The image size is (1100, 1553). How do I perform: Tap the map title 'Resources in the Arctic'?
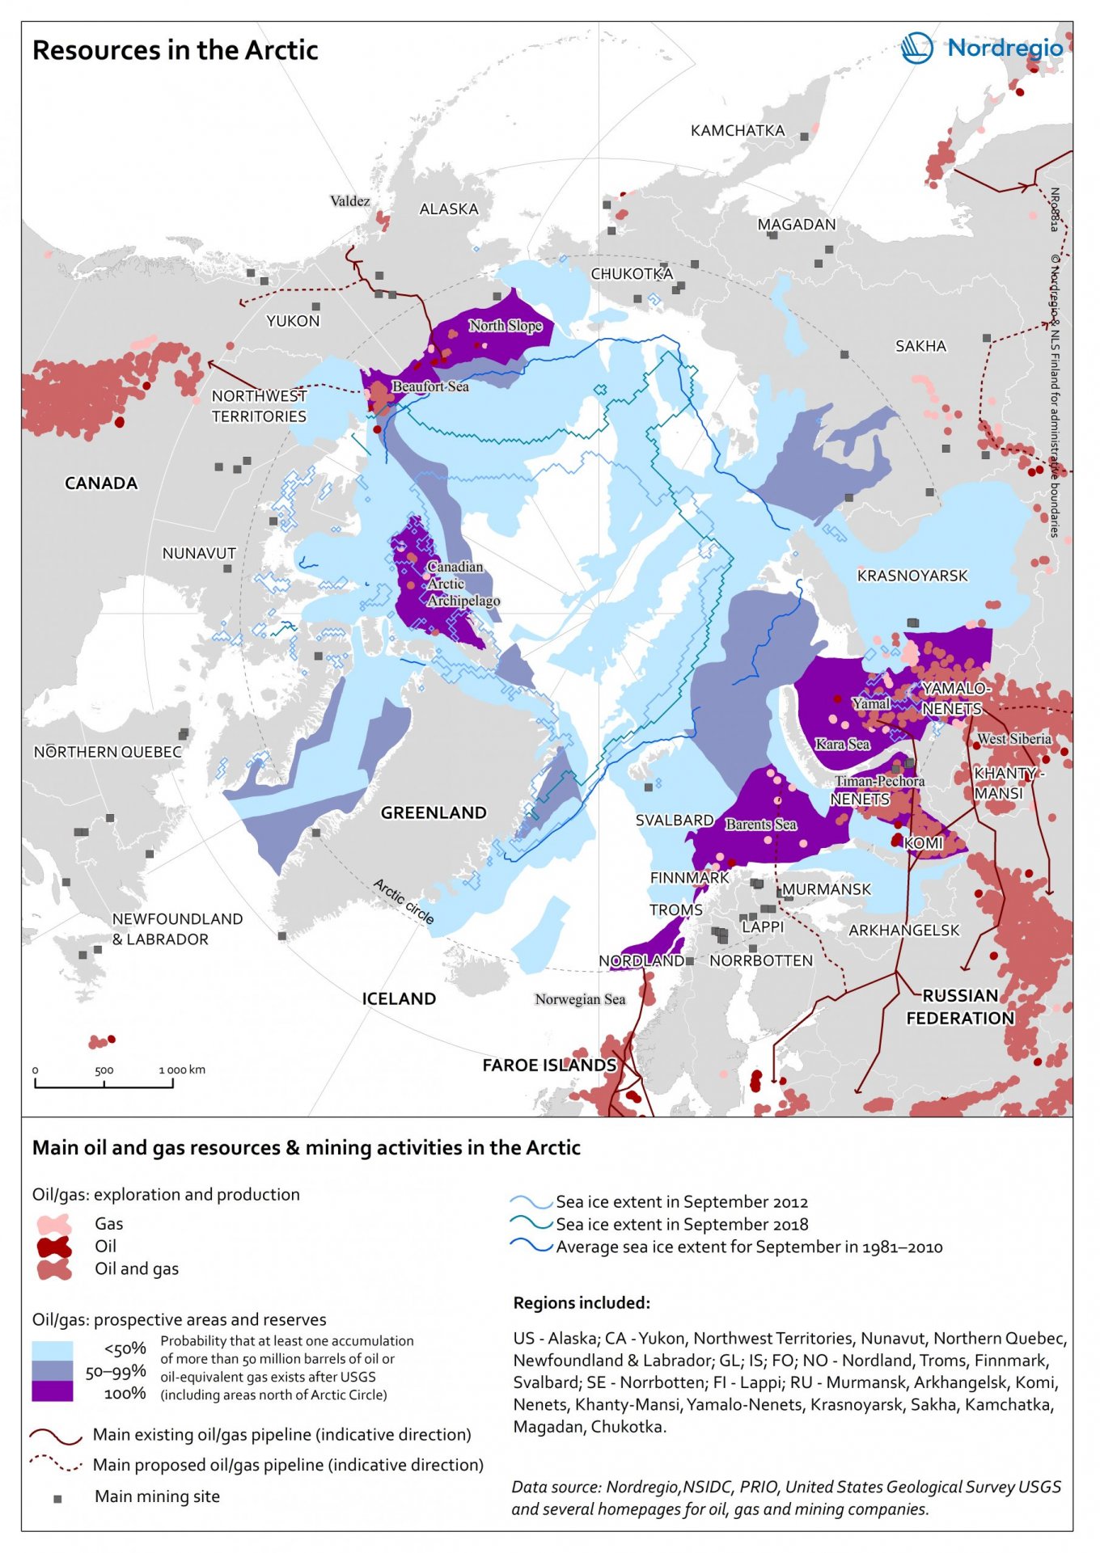click(x=175, y=50)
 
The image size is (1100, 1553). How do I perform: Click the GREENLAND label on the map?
click(x=434, y=812)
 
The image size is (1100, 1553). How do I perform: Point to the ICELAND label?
click(x=399, y=998)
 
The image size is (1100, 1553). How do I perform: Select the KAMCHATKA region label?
click(x=737, y=130)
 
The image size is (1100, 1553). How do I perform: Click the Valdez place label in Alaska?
click(x=349, y=201)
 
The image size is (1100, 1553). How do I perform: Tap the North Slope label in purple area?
click(x=506, y=325)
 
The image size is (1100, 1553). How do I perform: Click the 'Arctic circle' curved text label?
click(x=404, y=901)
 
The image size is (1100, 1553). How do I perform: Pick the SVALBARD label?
click(x=674, y=820)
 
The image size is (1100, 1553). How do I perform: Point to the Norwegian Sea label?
click(x=580, y=999)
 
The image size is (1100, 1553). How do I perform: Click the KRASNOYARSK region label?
click(x=912, y=576)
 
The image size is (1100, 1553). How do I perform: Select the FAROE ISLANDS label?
click(x=549, y=1065)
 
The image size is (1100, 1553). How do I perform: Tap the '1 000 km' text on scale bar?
click(x=182, y=1070)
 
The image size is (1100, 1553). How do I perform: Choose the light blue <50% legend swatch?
click(x=52, y=1349)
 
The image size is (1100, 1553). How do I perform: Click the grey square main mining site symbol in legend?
click(x=57, y=1498)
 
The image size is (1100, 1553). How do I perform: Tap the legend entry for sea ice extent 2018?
click(x=682, y=1224)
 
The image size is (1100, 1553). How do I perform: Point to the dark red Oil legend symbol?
click(x=53, y=1247)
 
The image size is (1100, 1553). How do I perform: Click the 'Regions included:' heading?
click(x=582, y=1302)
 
